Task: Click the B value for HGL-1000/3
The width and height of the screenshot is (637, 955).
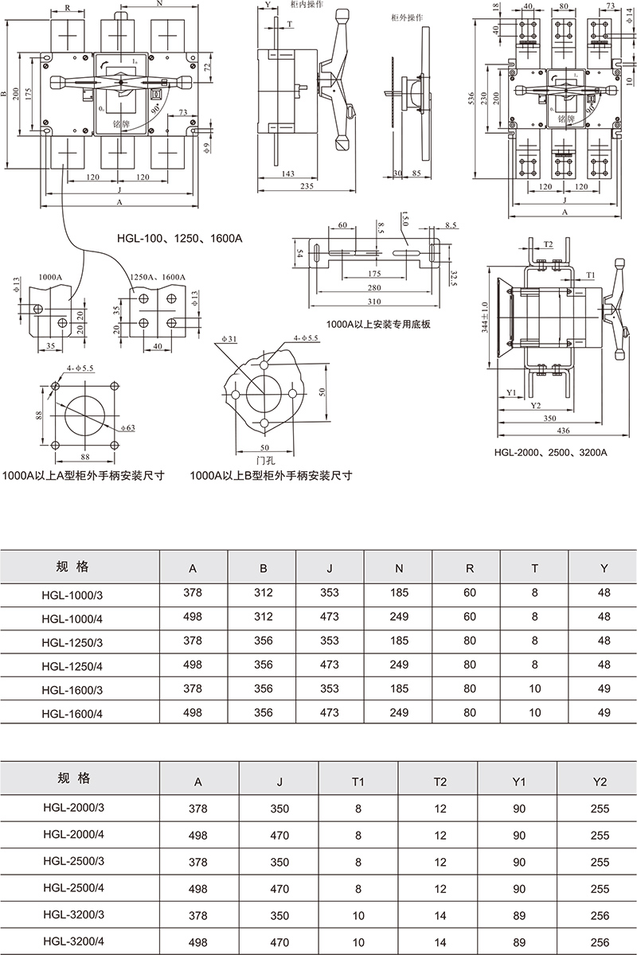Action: pos(263,592)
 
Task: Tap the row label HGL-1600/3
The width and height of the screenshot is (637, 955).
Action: pos(72,689)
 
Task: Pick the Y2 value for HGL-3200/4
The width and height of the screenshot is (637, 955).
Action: pos(600,941)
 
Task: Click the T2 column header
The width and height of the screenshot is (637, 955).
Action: pos(440,782)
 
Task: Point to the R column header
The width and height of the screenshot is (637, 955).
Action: pos(467,568)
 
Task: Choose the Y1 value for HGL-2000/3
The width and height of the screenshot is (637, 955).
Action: pos(519,809)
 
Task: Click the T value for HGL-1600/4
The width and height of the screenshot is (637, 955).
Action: pos(534,714)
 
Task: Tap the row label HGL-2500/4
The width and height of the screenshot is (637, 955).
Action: pos(72,888)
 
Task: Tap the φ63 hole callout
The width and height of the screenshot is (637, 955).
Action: pos(129,428)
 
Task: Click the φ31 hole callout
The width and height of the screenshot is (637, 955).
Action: pos(229,341)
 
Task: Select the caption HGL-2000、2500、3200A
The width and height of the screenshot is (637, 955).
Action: pos(550,452)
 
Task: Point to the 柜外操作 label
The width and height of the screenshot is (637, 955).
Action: pos(407,17)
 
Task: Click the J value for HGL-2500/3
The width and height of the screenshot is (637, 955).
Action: pos(279,862)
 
